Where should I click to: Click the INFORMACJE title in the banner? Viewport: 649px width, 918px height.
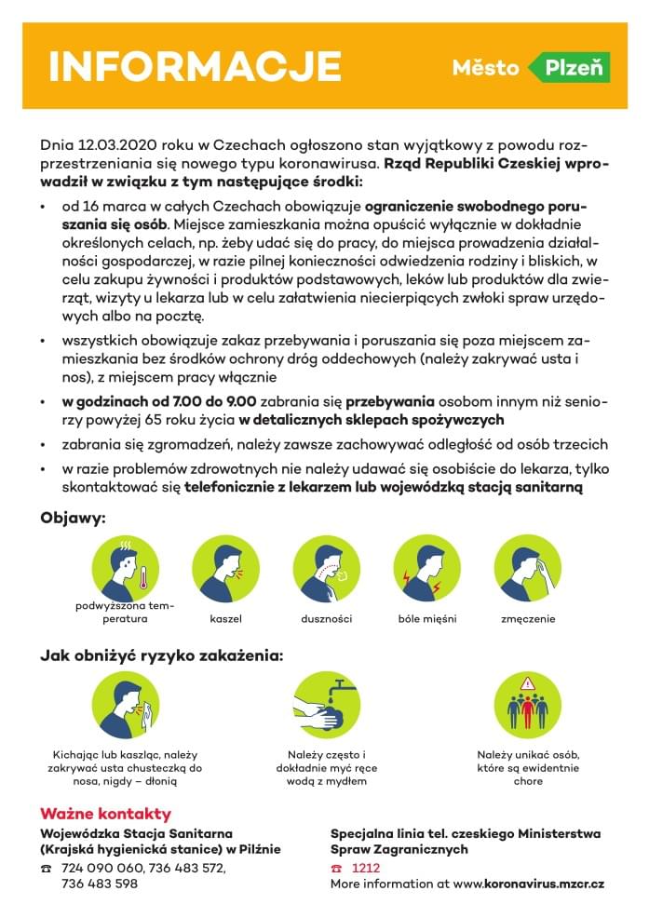[x=195, y=67]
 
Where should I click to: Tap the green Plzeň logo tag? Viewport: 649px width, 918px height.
[x=569, y=68]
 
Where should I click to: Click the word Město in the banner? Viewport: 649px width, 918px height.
[x=485, y=68]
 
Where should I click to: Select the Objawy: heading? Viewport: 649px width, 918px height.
[x=73, y=517]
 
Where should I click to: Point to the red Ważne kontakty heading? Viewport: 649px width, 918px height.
[x=105, y=813]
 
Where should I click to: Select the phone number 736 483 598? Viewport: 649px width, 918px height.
[x=99, y=884]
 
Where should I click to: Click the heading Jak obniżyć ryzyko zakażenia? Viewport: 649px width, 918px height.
[x=161, y=655]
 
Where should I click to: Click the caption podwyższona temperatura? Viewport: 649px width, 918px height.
[x=125, y=612]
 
